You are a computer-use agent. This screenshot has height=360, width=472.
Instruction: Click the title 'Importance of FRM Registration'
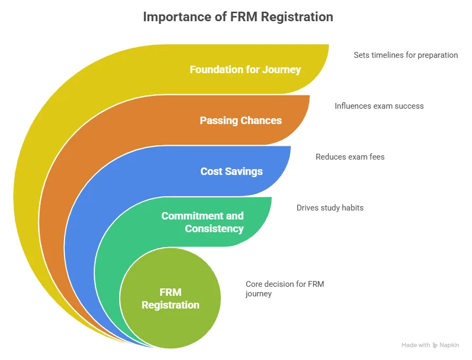pos(238,16)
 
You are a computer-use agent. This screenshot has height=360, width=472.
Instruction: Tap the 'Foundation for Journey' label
pos(245,69)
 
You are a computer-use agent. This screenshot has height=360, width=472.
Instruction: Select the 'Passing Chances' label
pos(241,120)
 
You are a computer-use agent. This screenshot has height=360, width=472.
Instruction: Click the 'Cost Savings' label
pos(231,171)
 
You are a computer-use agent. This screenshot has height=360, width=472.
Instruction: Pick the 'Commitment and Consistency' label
pos(202,222)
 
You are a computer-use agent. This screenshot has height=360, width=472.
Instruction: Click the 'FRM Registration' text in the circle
pos(171,298)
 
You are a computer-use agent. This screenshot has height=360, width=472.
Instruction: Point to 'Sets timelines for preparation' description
pos(406,55)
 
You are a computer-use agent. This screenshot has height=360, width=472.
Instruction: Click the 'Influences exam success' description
pos(379,106)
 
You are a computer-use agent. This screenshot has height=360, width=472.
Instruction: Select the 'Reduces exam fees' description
pos(350,157)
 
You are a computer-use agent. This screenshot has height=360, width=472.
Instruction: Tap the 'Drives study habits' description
pos(330,208)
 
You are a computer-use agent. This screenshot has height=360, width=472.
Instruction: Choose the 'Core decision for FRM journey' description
pos(284,288)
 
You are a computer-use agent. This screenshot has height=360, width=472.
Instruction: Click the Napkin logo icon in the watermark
pos(435,345)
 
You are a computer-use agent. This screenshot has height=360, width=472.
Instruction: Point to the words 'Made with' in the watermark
pos(416,345)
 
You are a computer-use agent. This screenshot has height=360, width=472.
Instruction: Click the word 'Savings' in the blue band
pos(246,171)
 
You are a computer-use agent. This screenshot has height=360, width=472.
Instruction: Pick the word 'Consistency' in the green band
pos(214,229)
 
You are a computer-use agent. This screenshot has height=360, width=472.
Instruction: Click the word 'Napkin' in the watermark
pos(450,345)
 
